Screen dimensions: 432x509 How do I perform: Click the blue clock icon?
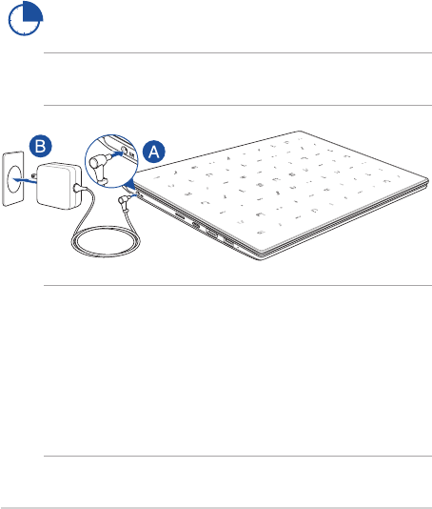coord(25,18)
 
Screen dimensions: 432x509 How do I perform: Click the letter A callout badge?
coord(154,152)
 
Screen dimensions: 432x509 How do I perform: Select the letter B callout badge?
coord(41,146)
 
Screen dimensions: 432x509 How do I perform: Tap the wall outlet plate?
coord(13,178)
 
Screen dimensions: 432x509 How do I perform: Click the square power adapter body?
coord(58,186)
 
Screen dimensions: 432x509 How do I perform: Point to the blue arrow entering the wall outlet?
coord(25,179)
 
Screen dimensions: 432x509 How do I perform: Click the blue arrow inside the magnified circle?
coord(117,155)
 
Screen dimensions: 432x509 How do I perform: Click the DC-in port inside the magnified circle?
coord(124,150)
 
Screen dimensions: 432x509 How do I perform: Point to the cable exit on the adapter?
coord(77,188)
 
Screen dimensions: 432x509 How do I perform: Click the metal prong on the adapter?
coord(33,175)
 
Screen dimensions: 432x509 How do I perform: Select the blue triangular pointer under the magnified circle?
coord(129,184)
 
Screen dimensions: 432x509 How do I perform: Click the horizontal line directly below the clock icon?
coord(238,52)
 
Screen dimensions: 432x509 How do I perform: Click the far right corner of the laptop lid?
coord(428,179)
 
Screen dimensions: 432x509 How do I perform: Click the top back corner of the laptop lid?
coord(300,132)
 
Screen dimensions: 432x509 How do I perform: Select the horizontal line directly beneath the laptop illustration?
coord(238,286)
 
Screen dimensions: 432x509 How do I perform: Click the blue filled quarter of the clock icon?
coord(32,12)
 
